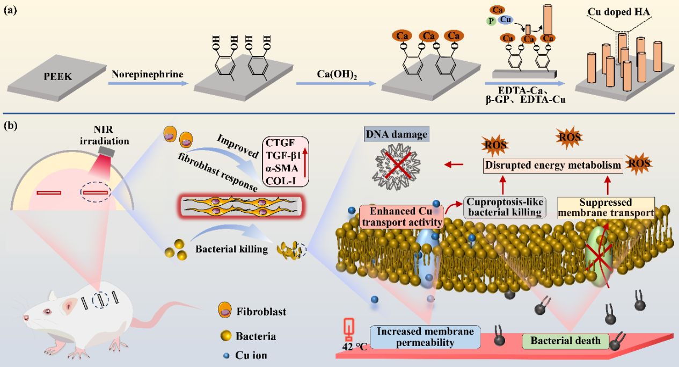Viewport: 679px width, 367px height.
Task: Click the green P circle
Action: coord(490,21)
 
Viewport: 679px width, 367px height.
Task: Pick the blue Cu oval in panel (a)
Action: coord(505,19)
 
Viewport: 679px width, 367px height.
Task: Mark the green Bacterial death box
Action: coord(565,341)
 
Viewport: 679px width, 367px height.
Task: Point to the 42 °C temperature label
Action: coord(355,347)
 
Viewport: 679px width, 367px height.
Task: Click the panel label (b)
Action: coord(11,127)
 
